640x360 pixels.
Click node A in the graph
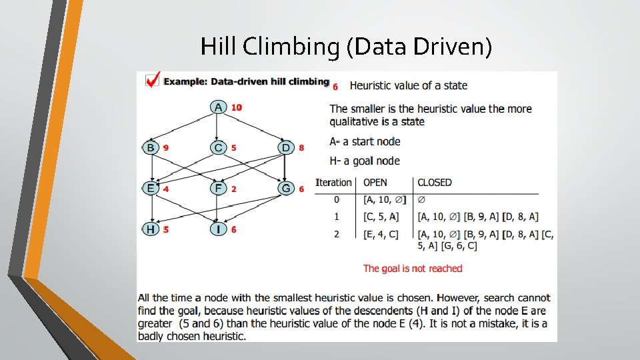point(219,107)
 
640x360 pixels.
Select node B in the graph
point(151,147)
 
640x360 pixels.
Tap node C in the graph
point(219,147)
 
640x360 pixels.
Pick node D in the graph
point(286,147)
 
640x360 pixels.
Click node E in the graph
point(151,189)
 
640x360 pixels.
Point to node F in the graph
point(219,189)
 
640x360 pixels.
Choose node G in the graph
point(286,189)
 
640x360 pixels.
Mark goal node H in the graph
point(151,229)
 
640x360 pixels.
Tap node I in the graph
point(219,229)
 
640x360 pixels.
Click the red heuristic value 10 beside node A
point(237,107)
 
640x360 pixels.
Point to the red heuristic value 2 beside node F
point(233,189)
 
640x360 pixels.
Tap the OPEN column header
point(375,183)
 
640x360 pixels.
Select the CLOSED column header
point(435,183)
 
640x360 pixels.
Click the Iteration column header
point(333,183)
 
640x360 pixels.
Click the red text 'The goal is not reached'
point(413,269)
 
